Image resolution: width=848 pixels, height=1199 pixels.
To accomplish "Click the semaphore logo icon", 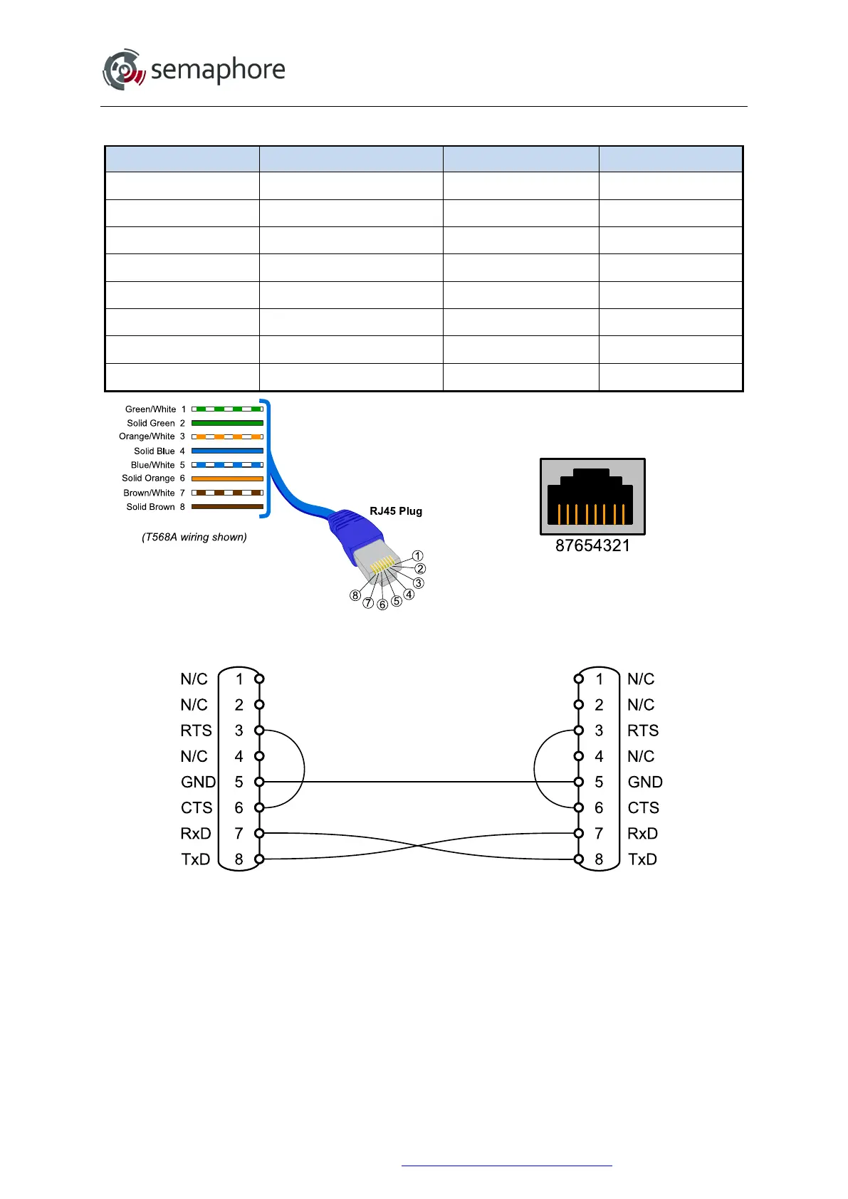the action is pyautogui.click(x=124, y=70).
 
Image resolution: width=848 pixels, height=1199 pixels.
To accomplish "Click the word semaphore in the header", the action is pyautogui.click(x=218, y=70).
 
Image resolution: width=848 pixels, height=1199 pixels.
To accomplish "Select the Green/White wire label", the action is pyautogui.click(x=150, y=409).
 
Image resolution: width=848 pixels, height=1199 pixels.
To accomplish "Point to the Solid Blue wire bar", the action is pyautogui.click(x=227, y=451).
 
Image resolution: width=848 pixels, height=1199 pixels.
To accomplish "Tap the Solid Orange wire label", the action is pyautogui.click(x=148, y=478).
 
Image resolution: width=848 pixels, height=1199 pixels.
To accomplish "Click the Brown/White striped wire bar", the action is pyautogui.click(x=227, y=493).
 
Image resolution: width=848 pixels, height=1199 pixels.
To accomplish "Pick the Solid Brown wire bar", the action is pyautogui.click(x=227, y=507).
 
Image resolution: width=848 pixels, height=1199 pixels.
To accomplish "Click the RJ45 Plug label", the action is pyautogui.click(x=396, y=511).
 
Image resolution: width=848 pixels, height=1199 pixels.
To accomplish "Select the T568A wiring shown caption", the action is pyautogui.click(x=194, y=537).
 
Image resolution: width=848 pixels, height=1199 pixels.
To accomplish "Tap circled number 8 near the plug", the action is pyautogui.click(x=355, y=595).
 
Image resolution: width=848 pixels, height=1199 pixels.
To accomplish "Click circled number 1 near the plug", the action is pyautogui.click(x=418, y=555).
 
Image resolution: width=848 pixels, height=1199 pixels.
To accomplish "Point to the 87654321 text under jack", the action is pyautogui.click(x=592, y=546).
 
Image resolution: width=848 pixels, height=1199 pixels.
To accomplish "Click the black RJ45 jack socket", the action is pyautogui.click(x=592, y=497).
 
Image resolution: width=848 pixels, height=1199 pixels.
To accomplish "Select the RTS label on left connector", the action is pyautogui.click(x=196, y=731).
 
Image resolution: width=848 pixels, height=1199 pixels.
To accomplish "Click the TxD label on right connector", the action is pyautogui.click(x=642, y=859).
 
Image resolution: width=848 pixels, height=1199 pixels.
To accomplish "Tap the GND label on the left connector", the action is pyautogui.click(x=198, y=782).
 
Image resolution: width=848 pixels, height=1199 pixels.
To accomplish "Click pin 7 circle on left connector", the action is pyautogui.click(x=259, y=833).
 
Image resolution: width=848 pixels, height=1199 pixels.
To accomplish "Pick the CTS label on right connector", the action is pyautogui.click(x=643, y=807).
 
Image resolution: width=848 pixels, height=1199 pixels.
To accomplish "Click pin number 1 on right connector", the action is pyautogui.click(x=599, y=679).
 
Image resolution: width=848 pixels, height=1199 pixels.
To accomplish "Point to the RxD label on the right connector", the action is pyautogui.click(x=642, y=833).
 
